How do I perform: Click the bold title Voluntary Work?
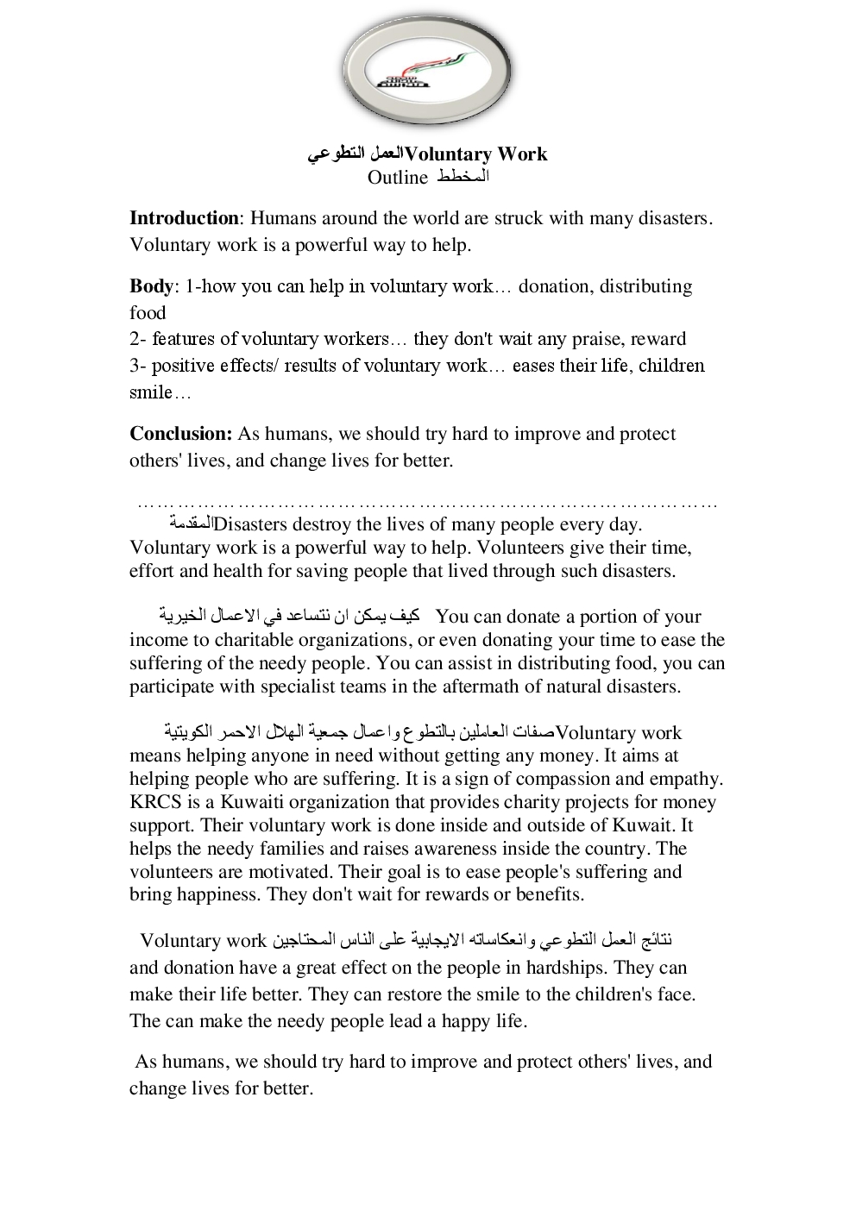[475, 154]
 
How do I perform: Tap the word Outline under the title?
[397, 178]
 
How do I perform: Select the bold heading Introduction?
[184, 218]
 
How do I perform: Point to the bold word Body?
[151, 286]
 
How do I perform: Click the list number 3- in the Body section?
[138, 366]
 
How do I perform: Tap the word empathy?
[686, 779]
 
